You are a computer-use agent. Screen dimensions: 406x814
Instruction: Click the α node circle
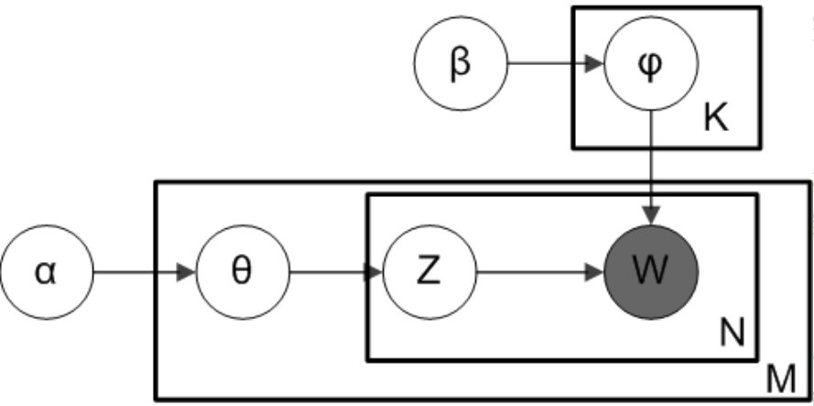click(x=46, y=272)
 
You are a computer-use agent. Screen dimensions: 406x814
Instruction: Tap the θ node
click(x=242, y=272)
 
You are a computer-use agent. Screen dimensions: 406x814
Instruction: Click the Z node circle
click(x=429, y=272)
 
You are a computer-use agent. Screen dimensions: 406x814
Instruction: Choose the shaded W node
click(x=651, y=272)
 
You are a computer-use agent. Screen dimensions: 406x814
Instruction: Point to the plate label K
click(x=716, y=120)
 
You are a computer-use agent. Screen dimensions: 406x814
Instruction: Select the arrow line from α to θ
click(x=137, y=272)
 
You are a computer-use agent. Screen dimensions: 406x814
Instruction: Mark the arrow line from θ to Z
click(x=330, y=272)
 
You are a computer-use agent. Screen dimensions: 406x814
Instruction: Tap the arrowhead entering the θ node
click(x=187, y=272)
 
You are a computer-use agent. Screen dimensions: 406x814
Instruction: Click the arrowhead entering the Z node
click(x=374, y=272)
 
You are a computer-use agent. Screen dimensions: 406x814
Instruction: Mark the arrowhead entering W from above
click(x=651, y=217)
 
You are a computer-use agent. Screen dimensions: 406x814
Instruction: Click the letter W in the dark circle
click(x=651, y=272)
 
